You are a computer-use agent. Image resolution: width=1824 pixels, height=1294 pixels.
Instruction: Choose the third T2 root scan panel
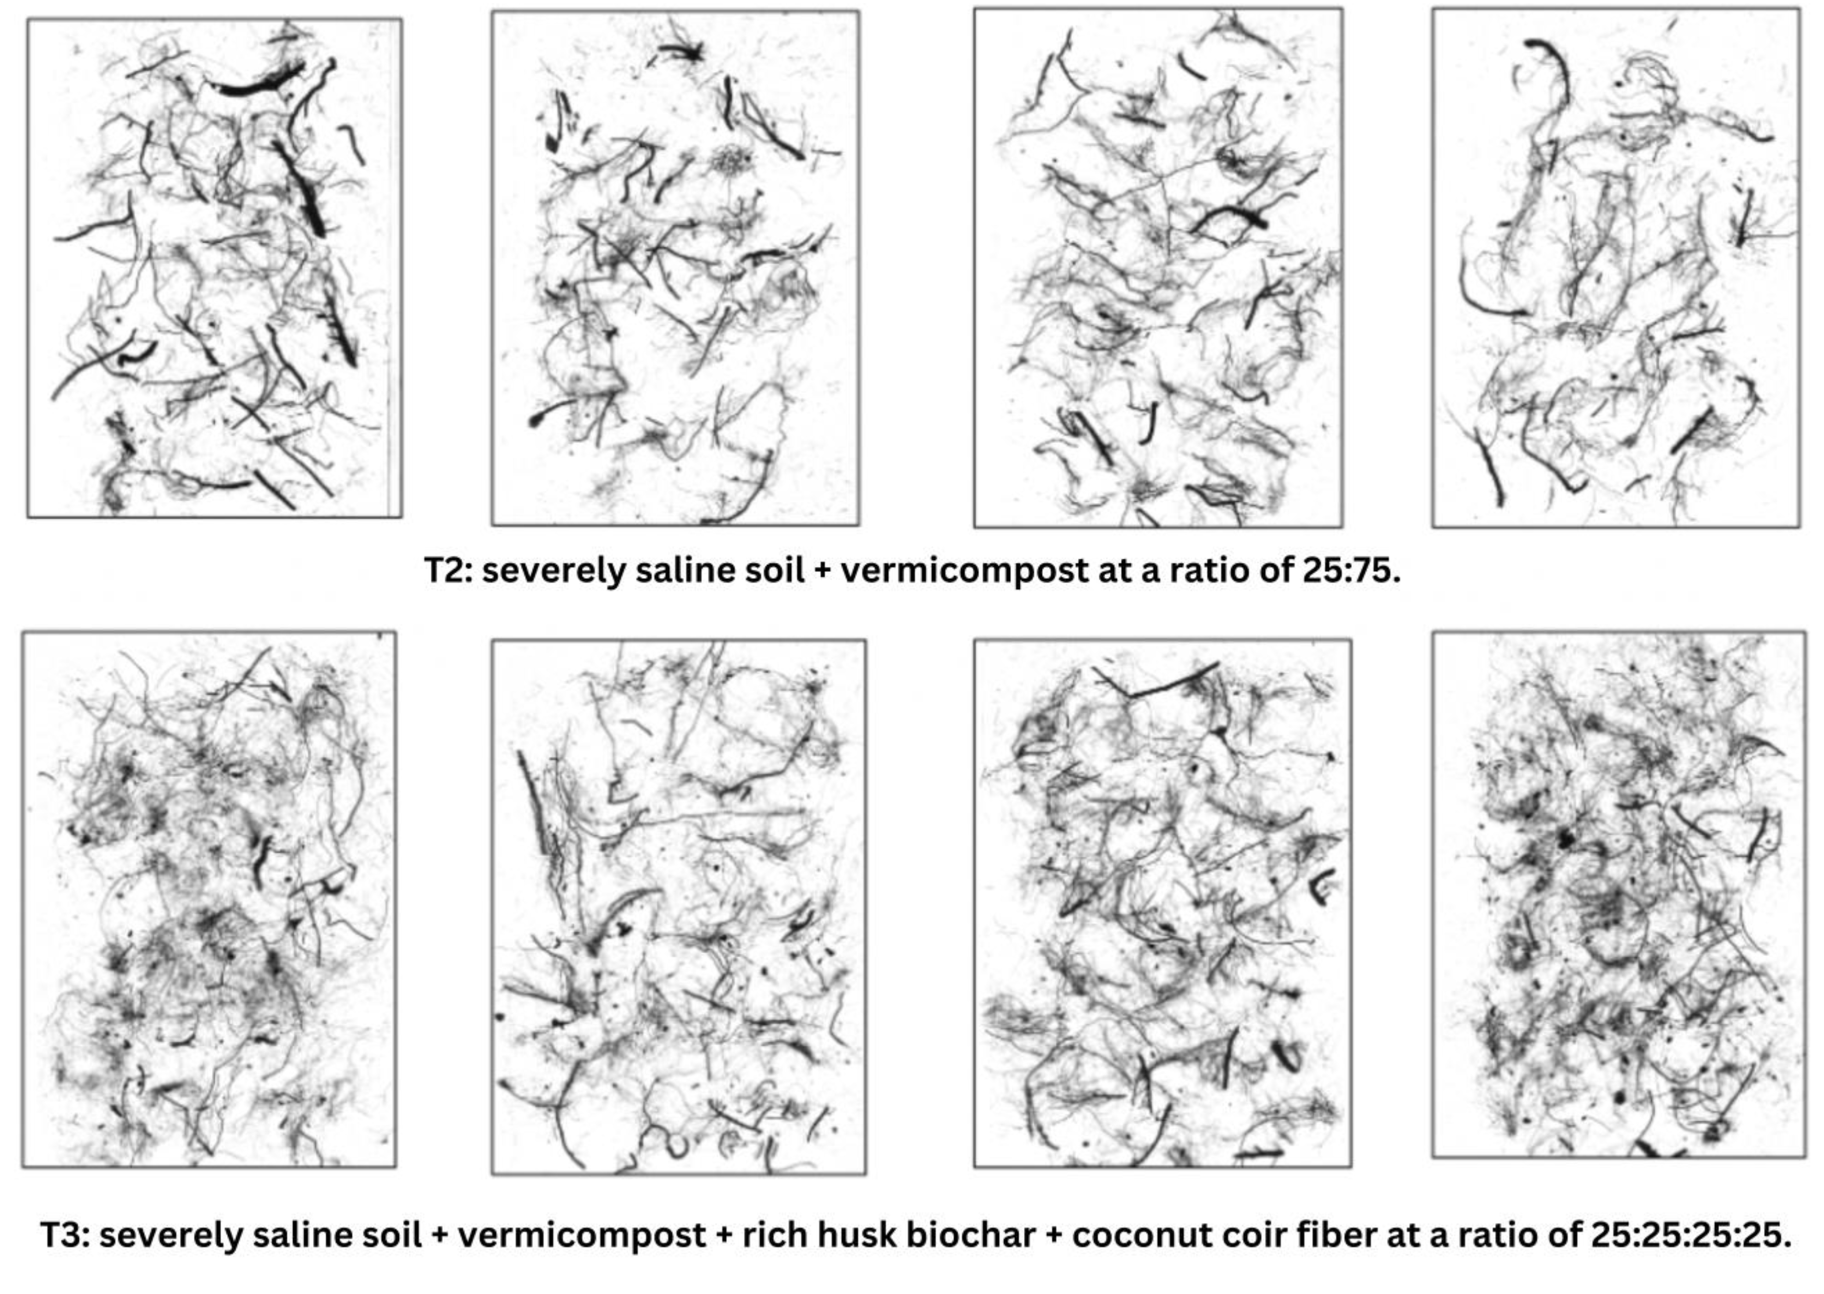pos(1158,268)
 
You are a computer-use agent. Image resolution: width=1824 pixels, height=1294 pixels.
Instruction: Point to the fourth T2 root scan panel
pos(1615,268)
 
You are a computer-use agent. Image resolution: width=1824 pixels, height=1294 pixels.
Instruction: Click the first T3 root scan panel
pos(209,900)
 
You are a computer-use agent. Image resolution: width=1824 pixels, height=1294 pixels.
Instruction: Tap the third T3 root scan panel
pos(1162,903)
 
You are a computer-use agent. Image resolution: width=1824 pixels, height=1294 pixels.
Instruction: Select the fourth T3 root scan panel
pos(1619,895)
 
